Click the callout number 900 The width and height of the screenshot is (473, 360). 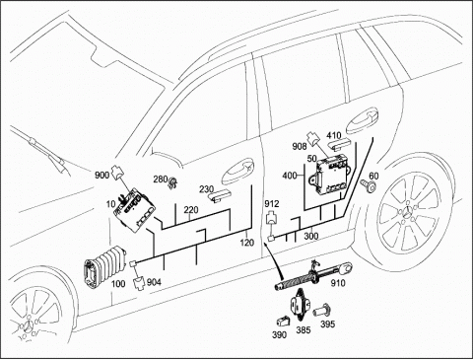point(101,175)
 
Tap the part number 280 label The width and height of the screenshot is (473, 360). point(161,180)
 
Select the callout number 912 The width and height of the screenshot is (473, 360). point(272,204)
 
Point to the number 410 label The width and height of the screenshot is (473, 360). point(334,135)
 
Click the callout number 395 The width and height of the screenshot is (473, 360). point(327,324)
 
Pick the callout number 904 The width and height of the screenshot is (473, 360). point(154,282)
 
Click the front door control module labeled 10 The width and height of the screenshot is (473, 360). point(135,210)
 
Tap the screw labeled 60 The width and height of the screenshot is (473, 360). point(369,184)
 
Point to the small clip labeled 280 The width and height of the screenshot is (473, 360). point(172,182)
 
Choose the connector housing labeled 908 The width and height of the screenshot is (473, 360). point(312,138)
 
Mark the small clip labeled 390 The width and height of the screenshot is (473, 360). point(284,321)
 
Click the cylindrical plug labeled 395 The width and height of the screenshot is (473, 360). point(321,311)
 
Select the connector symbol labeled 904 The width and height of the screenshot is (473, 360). point(138,284)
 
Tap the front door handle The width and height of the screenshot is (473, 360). point(237,171)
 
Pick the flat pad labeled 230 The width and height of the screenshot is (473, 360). point(220,195)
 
